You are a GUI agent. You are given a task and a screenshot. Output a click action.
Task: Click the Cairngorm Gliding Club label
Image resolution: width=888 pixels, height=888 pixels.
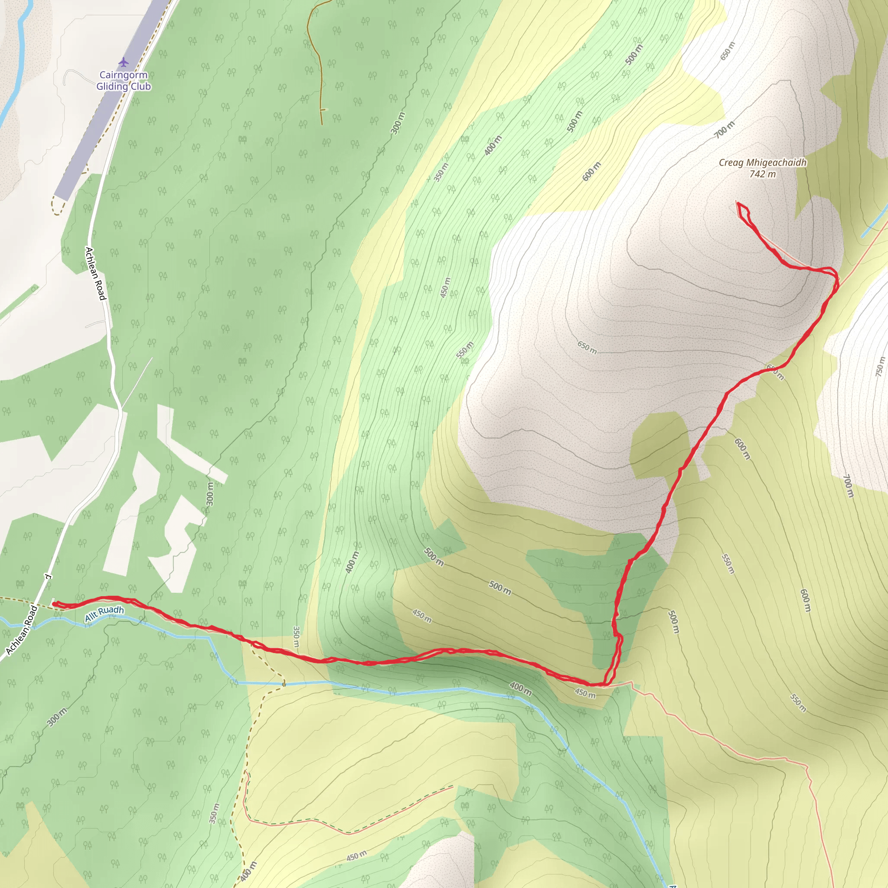(x=123, y=81)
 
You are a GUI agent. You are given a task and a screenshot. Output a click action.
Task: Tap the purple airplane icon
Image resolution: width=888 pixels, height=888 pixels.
(x=123, y=62)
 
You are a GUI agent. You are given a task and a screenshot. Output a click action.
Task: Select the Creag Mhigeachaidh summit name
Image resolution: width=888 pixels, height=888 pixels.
(x=763, y=163)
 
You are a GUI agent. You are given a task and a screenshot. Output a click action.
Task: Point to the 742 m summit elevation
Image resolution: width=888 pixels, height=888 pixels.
(x=763, y=174)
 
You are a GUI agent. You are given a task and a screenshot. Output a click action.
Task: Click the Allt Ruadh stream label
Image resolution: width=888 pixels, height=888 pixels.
(x=104, y=614)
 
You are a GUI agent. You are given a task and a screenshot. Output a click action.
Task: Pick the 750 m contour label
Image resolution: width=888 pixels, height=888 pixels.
(x=880, y=366)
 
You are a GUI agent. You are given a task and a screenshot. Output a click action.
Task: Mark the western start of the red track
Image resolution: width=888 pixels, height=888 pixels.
(x=54, y=604)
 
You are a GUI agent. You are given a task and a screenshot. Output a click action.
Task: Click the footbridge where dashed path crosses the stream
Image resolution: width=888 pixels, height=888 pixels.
(x=284, y=684)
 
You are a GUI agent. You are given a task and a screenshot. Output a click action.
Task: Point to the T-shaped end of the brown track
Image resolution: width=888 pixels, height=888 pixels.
(x=322, y=110)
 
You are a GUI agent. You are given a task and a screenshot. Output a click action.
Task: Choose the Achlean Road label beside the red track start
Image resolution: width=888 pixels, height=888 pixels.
(x=22, y=630)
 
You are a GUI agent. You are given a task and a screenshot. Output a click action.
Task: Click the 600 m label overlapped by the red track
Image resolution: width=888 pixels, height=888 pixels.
(x=775, y=372)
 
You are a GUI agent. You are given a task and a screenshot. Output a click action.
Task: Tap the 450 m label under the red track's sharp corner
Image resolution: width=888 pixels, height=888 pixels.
(x=584, y=692)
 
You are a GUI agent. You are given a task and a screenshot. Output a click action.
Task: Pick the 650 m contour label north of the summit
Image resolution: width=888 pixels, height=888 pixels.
(x=728, y=51)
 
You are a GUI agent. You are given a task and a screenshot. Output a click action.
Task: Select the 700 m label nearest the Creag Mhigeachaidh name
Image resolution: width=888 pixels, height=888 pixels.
(x=725, y=130)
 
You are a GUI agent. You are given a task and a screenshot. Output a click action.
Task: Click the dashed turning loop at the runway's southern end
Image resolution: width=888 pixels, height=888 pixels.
(x=57, y=205)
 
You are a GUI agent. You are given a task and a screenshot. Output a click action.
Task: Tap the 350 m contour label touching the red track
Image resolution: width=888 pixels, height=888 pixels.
(x=296, y=637)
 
